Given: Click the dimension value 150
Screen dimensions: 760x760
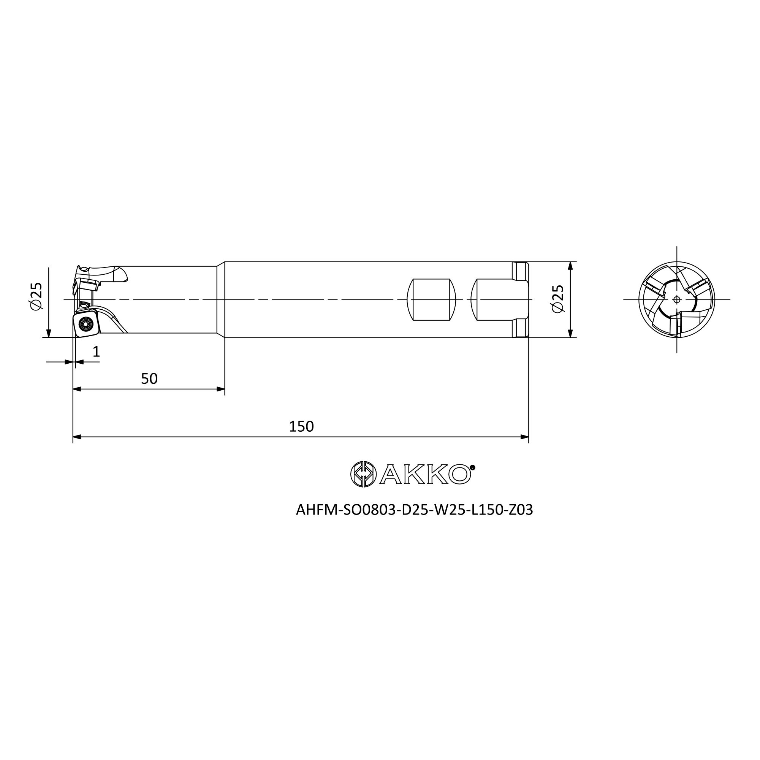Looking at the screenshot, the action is (x=301, y=426).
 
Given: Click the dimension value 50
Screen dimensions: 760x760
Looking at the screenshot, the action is (x=149, y=379).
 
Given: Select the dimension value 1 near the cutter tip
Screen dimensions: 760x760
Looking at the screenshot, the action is (x=96, y=351).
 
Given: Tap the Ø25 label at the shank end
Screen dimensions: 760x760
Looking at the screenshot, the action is (x=558, y=299).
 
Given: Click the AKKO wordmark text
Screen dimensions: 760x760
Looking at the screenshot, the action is (x=425, y=474).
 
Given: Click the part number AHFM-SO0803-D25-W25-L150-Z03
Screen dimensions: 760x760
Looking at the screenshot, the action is (x=414, y=510).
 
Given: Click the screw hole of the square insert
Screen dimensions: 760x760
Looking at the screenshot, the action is (x=84, y=324).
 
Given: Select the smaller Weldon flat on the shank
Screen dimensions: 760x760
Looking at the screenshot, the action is (x=431, y=300).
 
